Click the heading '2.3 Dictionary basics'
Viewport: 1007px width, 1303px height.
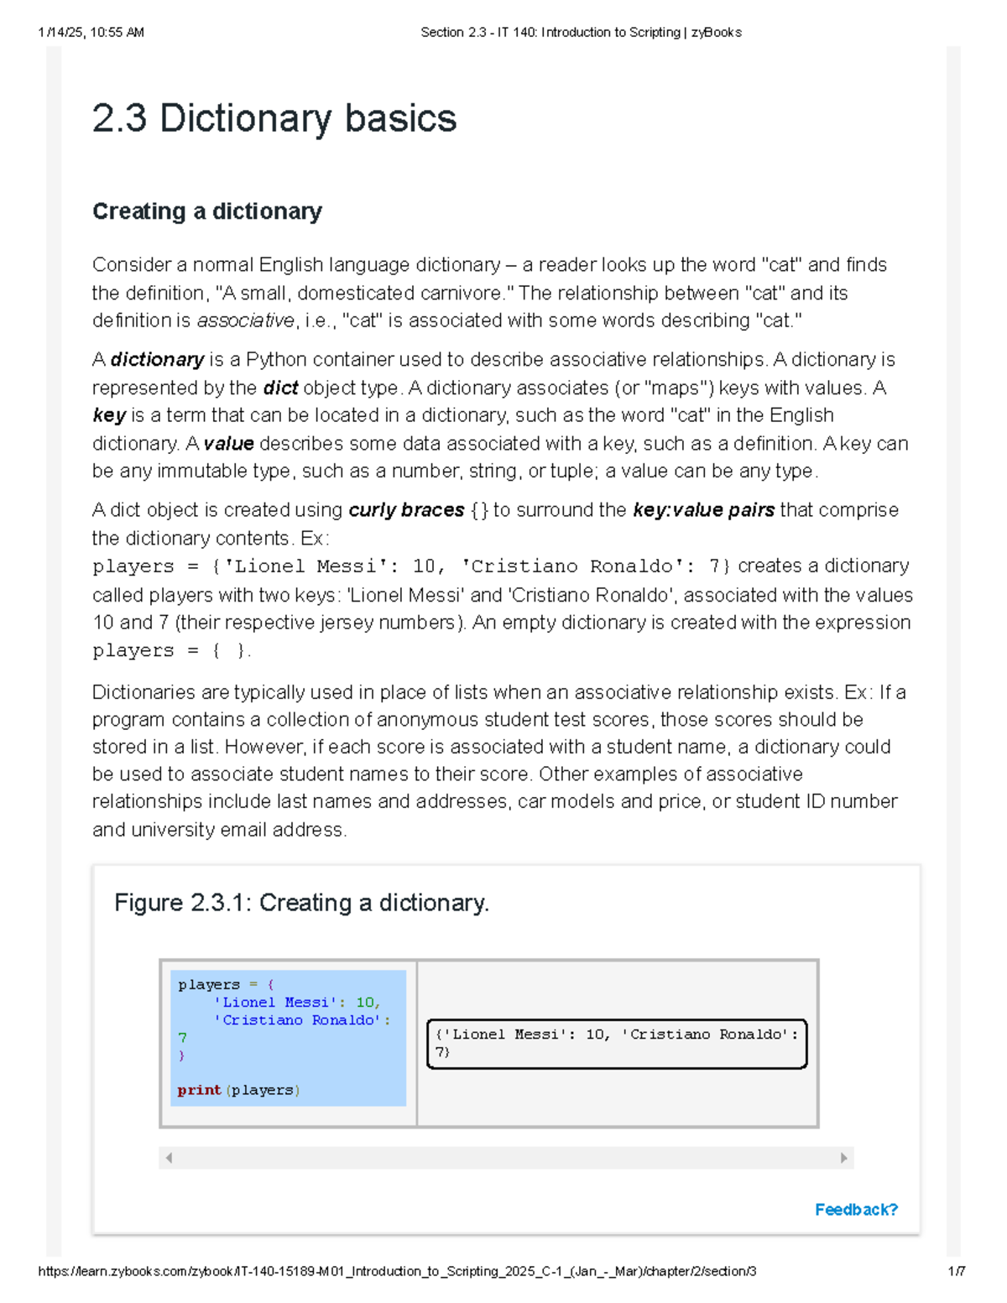[x=274, y=118]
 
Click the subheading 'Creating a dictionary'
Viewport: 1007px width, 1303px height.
[x=206, y=211]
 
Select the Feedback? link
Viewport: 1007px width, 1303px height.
[x=856, y=1209]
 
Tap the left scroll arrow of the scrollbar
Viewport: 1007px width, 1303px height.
[x=170, y=1158]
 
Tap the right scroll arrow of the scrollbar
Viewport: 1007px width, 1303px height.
[x=843, y=1158]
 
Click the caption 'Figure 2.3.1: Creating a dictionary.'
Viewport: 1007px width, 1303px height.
[x=301, y=903]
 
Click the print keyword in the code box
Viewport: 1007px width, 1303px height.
[x=199, y=1090]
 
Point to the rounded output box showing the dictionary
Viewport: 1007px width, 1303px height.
[x=617, y=1043]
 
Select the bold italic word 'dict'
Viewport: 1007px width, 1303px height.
[x=280, y=388]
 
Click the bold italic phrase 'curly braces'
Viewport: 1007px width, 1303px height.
[x=406, y=510]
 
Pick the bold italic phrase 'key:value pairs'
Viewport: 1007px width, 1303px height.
[x=703, y=510]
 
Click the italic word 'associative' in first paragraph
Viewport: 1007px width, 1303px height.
[x=245, y=321]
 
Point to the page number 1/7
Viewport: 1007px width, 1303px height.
[x=956, y=1271]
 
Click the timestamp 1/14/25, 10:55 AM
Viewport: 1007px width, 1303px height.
[x=91, y=33]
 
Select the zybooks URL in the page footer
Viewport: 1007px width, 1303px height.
[x=397, y=1271]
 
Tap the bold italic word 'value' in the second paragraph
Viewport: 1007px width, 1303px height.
[x=228, y=443]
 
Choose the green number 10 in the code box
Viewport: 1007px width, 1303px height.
[x=365, y=1003]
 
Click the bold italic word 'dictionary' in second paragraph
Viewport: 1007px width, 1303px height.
[x=157, y=360]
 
